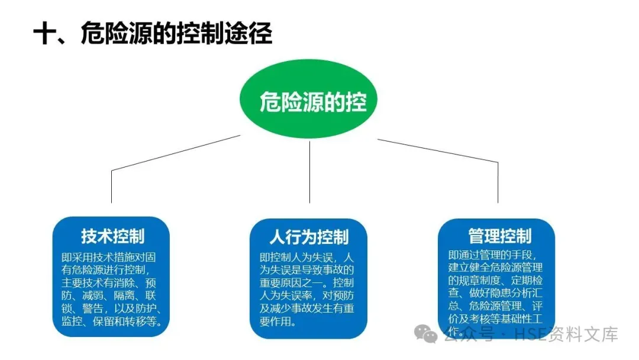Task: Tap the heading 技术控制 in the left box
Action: pos(112,236)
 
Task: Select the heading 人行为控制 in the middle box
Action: pos(309,237)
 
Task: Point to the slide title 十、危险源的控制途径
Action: pos(153,34)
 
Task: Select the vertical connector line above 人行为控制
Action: pos(310,172)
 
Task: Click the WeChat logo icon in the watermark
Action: pos(427,334)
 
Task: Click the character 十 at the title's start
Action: pos(44,34)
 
